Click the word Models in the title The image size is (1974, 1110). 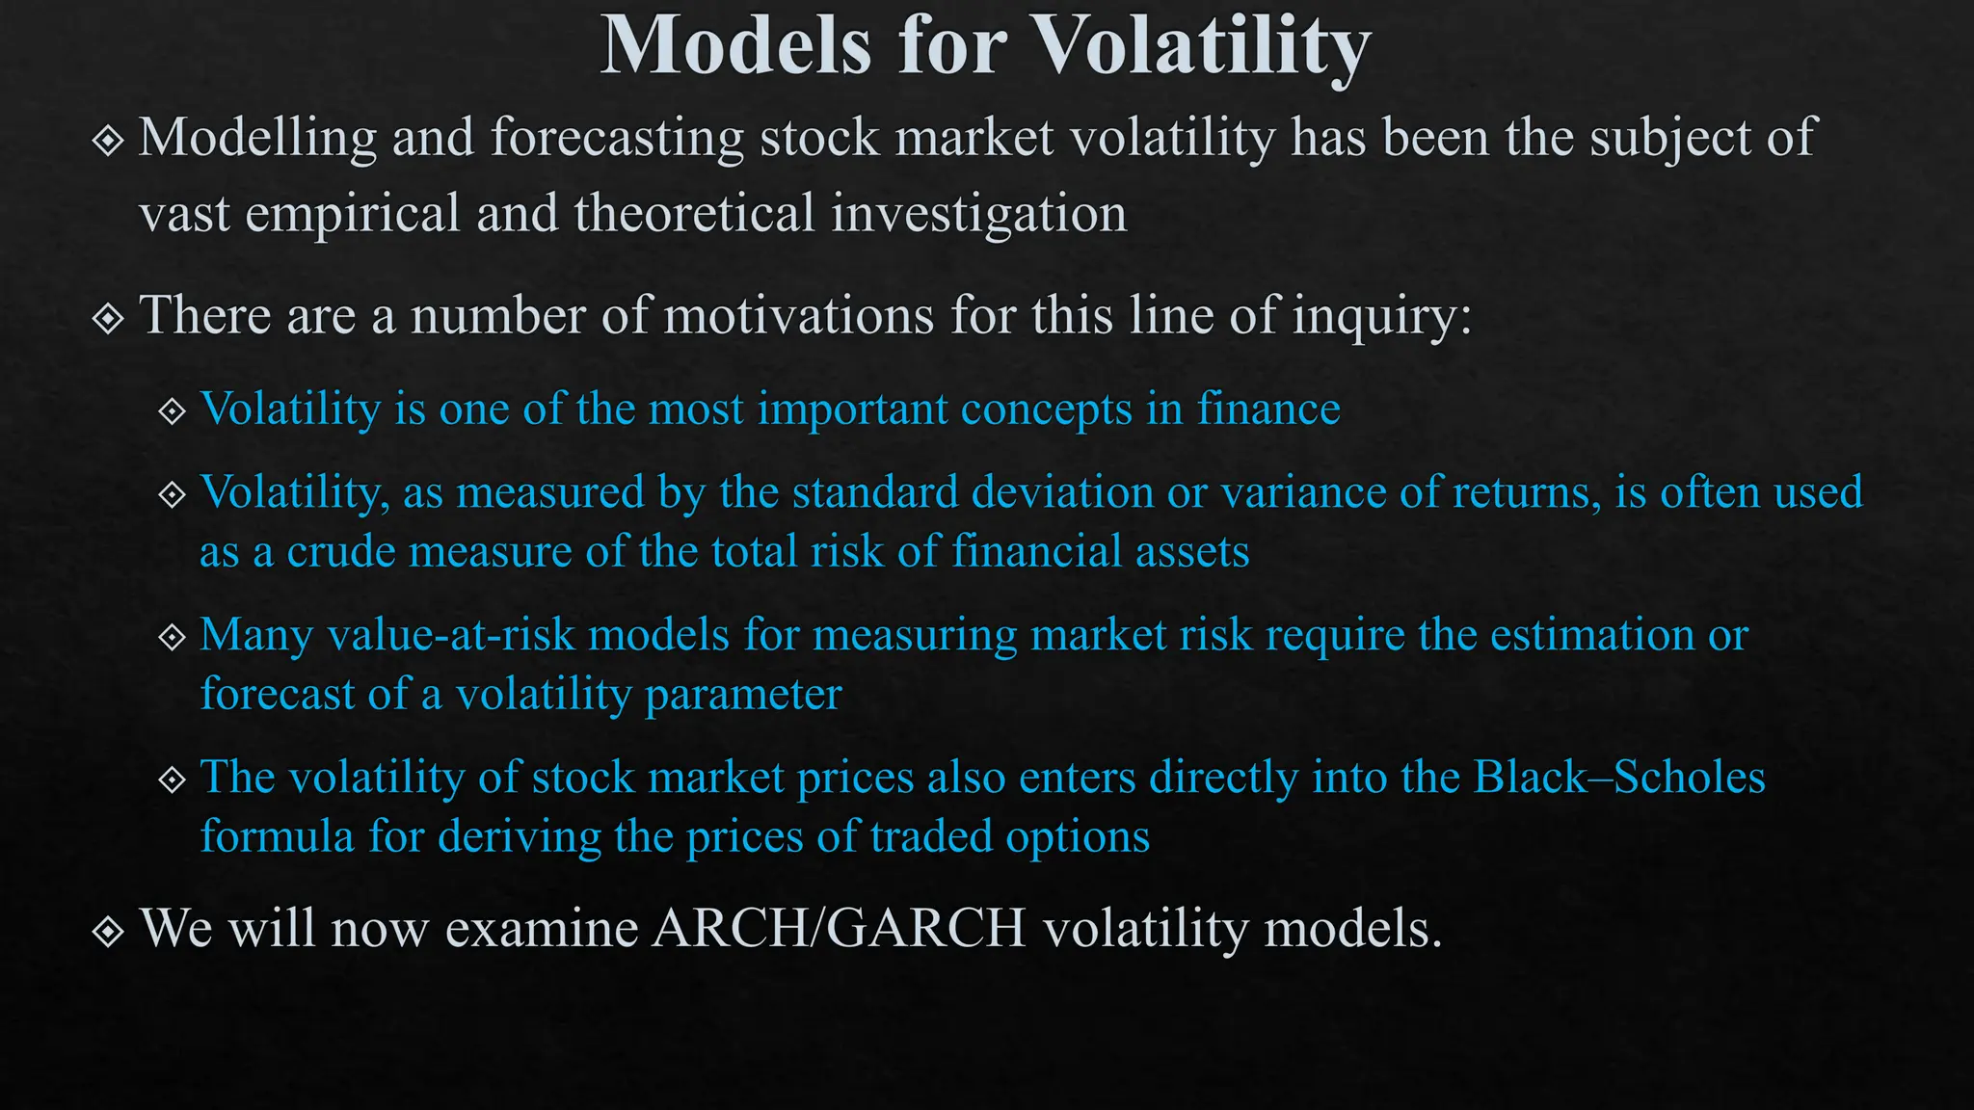(736, 46)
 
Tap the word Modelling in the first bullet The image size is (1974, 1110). (257, 138)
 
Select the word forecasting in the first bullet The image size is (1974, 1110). (617, 138)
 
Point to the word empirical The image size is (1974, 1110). (353, 213)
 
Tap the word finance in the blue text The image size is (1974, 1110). (1268, 409)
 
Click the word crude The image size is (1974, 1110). (341, 552)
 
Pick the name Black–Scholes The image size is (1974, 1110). (1619, 778)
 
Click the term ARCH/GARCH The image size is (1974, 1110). (839, 929)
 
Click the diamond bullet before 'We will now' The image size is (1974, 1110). (108, 931)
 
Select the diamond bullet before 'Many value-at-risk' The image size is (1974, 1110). (172, 637)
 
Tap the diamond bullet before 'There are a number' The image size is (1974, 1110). (108, 318)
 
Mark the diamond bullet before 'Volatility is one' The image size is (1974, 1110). (172, 411)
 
